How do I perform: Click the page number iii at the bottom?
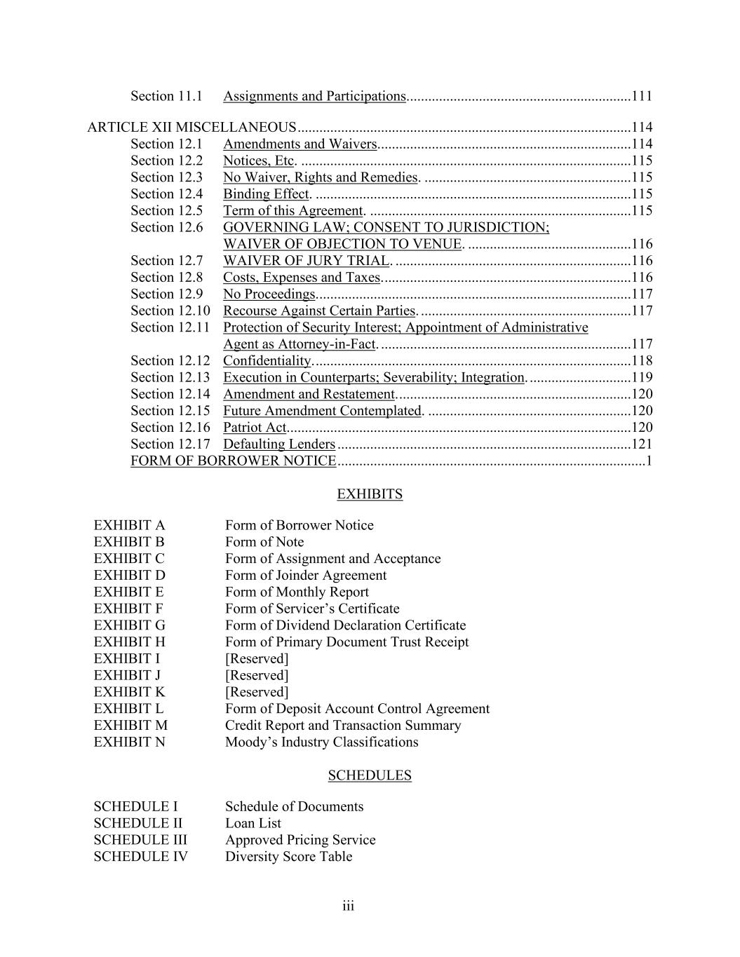click(349, 907)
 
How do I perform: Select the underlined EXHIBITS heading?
click(370, 494)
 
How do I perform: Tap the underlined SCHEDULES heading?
click(370, 775)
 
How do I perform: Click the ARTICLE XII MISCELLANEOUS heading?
click(191, 128)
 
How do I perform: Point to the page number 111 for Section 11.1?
click(642, 97)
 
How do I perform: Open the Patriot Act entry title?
click(255, 428)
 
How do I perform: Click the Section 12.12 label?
click(170, 361)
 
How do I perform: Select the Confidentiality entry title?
click(267, 361)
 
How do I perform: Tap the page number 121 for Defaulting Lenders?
click(642, 444)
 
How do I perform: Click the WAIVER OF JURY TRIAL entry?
click(306, 261)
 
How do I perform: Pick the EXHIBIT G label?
click(130, 625)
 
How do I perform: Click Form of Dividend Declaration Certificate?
click(345, 625)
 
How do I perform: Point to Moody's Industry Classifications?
click(321, 742)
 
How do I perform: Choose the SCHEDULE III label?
click(140, 840)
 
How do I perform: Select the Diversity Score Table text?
click(288, 857)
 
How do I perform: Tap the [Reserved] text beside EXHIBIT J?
click(257, 675)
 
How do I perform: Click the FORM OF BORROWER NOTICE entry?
click(233, 461)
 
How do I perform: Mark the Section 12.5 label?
click(166, 211)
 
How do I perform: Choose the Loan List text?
click(253, 823)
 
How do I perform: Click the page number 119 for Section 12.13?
click(642, 378)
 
